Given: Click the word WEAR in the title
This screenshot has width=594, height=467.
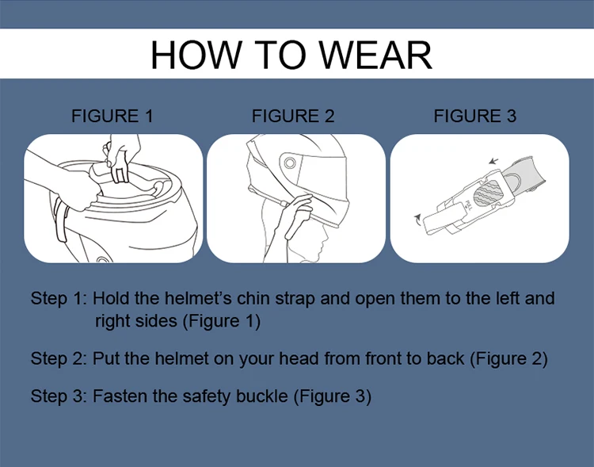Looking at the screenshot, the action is [x=375, y=55].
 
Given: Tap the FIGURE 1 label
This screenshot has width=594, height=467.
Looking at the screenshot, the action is [x=112, y=116].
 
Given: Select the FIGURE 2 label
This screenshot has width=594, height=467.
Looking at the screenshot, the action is [x=293, y=116].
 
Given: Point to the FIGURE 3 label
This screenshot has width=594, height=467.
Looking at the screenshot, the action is [x=474, y=116].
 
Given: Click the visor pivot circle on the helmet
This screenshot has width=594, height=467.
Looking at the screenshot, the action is [x=290, y=163].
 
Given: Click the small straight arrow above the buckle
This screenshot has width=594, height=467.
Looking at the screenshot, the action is [x=493, y=161].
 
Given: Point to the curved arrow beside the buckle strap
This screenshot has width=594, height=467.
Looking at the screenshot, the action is [x=418, y=220].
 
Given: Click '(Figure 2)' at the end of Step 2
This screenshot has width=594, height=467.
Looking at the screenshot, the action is [x=508, y=359].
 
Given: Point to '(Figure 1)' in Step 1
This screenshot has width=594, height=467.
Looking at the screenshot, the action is [x=222, y=321].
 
